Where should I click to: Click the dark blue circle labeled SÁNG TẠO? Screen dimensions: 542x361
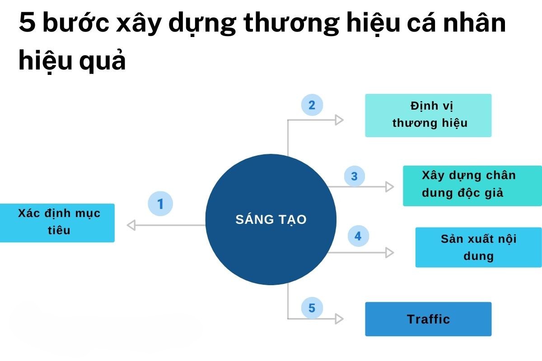coord(271,219)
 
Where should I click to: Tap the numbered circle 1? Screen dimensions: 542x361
coord(160,204)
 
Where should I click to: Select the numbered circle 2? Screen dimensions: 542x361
coord(312,105)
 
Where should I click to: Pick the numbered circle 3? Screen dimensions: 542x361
coord(354,176)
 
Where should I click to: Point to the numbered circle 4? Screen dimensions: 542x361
coord(358,236)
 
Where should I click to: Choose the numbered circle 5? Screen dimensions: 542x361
coord(312,308)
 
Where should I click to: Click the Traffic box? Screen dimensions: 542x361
coord(428,319)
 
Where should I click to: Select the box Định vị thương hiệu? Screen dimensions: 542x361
coord(428,116)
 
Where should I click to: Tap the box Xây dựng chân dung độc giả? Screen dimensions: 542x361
coord(472,186)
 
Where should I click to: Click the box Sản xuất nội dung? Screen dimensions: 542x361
coord(479,247)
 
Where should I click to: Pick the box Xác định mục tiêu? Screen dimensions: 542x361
coord(57,223)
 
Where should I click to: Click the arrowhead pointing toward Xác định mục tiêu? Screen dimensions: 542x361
coord(131,225)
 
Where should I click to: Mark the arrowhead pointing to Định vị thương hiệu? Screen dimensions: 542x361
coord(339,120)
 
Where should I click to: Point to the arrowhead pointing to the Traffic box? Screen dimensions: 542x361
coord(339,319)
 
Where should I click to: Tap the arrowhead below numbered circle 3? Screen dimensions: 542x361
coord(389,187)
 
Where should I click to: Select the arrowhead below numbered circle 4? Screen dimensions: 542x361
coord(389,253)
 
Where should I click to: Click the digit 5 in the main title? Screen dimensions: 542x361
coord(28,23)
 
